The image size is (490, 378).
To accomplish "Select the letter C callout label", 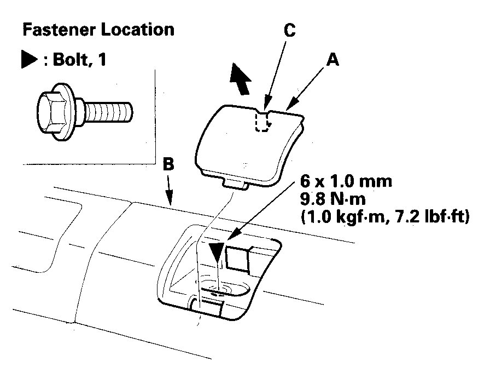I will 290,31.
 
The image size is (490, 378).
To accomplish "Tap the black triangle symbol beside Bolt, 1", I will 28,60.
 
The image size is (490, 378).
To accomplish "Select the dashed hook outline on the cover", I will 263,121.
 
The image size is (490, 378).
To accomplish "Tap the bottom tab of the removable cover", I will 237,183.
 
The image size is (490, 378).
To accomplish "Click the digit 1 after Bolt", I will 102,60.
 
